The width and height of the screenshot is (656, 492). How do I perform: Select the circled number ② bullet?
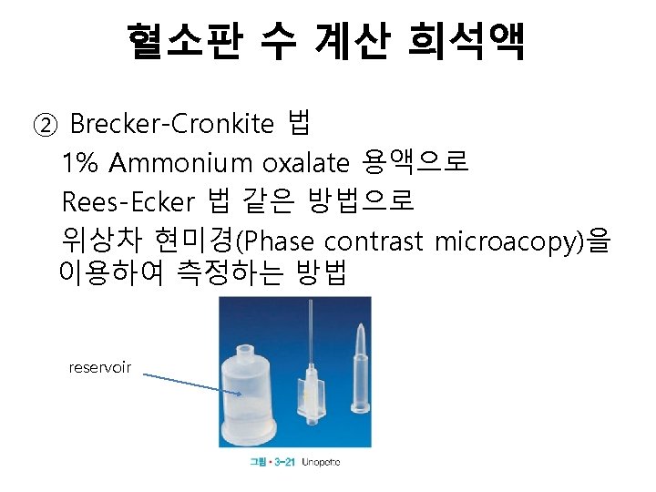point(43,123)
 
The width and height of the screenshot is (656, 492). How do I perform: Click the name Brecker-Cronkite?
point(171,123)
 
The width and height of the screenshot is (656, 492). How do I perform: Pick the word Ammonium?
point(181,163)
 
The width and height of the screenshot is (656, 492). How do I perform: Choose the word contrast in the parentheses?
point(374,241)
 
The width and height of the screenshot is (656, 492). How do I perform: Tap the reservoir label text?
point(100,367)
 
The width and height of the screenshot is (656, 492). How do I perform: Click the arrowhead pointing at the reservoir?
point(239,394)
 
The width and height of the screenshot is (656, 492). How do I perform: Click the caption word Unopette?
point(322,463)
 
